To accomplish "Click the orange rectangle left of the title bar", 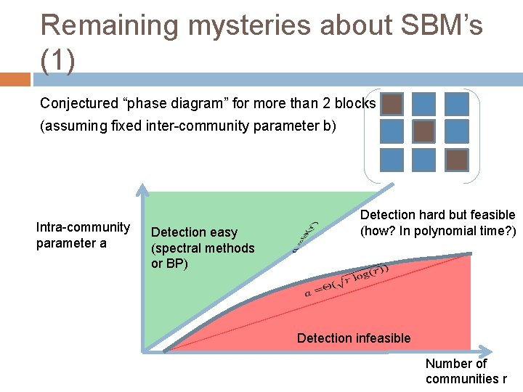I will [x=15, y=79].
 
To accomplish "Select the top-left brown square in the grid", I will [x=392, y=104].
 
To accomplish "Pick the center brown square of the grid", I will [x=424, y=131].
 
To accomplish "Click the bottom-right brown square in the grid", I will [x=456, y=158].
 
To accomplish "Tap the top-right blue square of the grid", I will [x=456, y=104].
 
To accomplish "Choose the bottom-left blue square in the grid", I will [x=392, y=158].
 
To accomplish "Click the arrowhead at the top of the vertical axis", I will [x=144, y=191].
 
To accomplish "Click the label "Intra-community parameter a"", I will [x=83, y=235].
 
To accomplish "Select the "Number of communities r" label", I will [x=466, y=371].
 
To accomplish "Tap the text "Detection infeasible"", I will [x=354, y=338].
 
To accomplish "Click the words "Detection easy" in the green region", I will [x=194, y=232].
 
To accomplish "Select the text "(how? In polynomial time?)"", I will [x=437, y=231].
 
